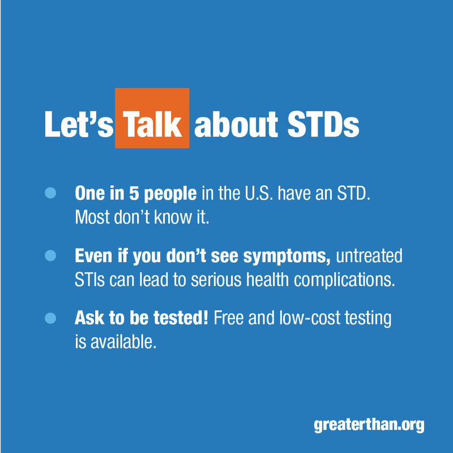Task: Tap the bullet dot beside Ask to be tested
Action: point(50,319)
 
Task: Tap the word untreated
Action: point(369,257)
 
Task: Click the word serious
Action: point(211,280)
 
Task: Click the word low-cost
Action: point(310,319)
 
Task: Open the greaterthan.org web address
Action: point(369,425)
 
